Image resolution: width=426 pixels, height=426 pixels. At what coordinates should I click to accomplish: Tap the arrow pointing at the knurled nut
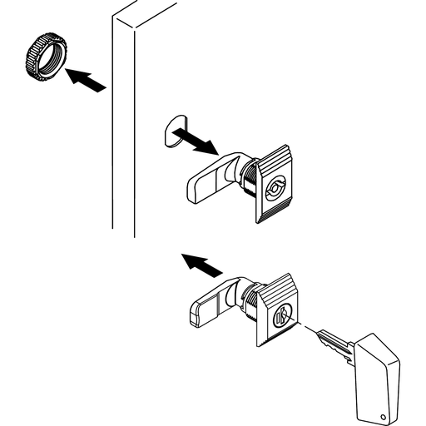87,81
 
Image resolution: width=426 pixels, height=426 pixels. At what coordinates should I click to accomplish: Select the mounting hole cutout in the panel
173,131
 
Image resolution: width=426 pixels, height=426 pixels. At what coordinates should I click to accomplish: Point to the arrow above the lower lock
201,265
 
